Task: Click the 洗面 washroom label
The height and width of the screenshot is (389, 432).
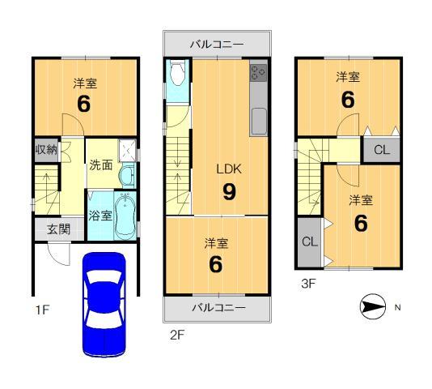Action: pyautogui.click(x=100, y=165)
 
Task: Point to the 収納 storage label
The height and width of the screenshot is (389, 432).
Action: pyautogui.click(x=45, y=149)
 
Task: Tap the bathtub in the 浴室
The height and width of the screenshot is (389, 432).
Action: pyautogui.click(x=125, y=215)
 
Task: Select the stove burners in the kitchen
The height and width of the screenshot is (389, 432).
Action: pyautogui.click(x=259, y=74)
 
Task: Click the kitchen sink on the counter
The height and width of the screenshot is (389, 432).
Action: pyautogui.click(x=259, y=123)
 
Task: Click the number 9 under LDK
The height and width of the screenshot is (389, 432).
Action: pyautogui.click(x=229, y=193)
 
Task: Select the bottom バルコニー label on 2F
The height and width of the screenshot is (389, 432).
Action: pyautogui.click(x=216, y=308)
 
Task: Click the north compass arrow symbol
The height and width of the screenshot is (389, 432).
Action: pyautogui.click(x=372, y=307)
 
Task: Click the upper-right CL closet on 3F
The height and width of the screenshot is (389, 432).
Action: pyautogui.click(x=382, y=149)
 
